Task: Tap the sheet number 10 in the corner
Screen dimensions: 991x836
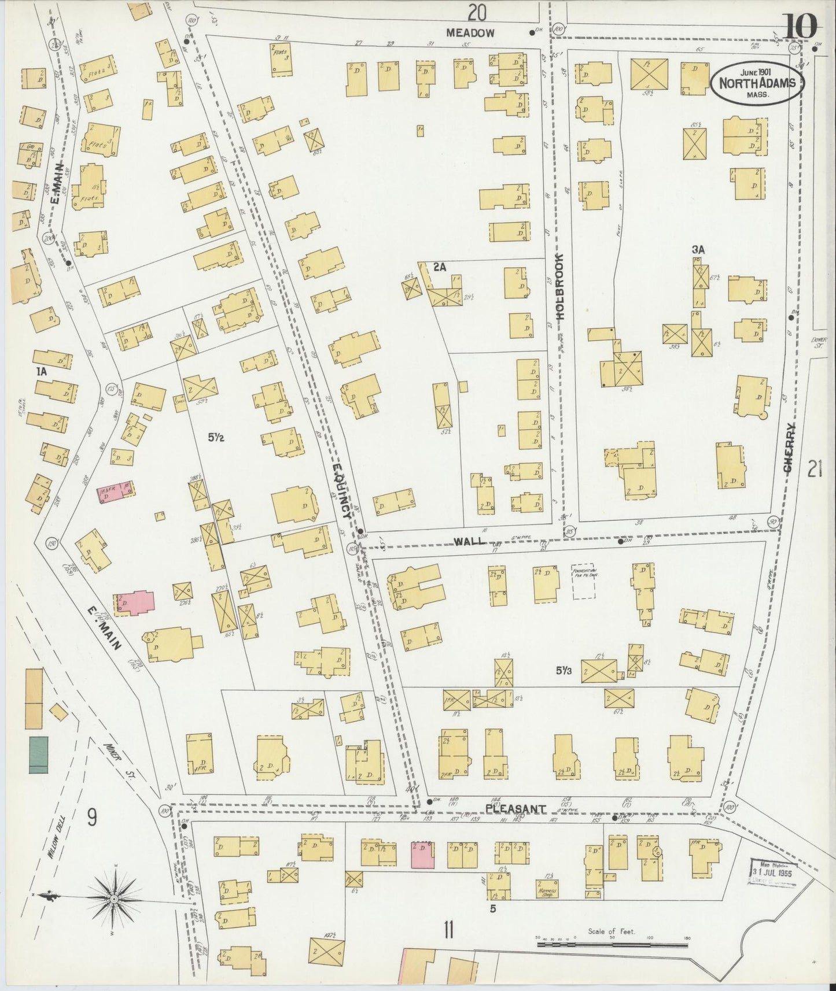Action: click(801, 25)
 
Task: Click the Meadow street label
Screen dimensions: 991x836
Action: click(470, 33)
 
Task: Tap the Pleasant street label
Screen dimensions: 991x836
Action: click(515, 808)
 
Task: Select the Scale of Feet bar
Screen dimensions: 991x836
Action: click(612, 944)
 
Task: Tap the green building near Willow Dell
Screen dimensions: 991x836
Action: click(38, 755)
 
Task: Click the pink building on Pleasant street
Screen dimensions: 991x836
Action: click(422, 855)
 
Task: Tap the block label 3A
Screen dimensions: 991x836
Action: click(698, 250)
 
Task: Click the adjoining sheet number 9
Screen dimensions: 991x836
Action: click(92, 817)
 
